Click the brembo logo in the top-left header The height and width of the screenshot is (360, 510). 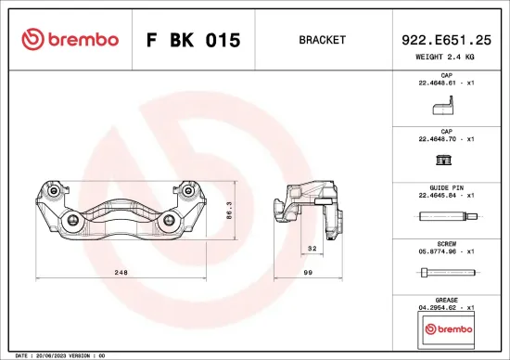pos(70,40)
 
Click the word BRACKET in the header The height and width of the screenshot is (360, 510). pos(322,41)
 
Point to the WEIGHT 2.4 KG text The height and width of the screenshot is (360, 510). pos(446,57)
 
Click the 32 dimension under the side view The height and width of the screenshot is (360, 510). pos(312,249)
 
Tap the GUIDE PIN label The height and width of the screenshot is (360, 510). pos(446,186)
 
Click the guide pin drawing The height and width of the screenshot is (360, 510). pos(449,218)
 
